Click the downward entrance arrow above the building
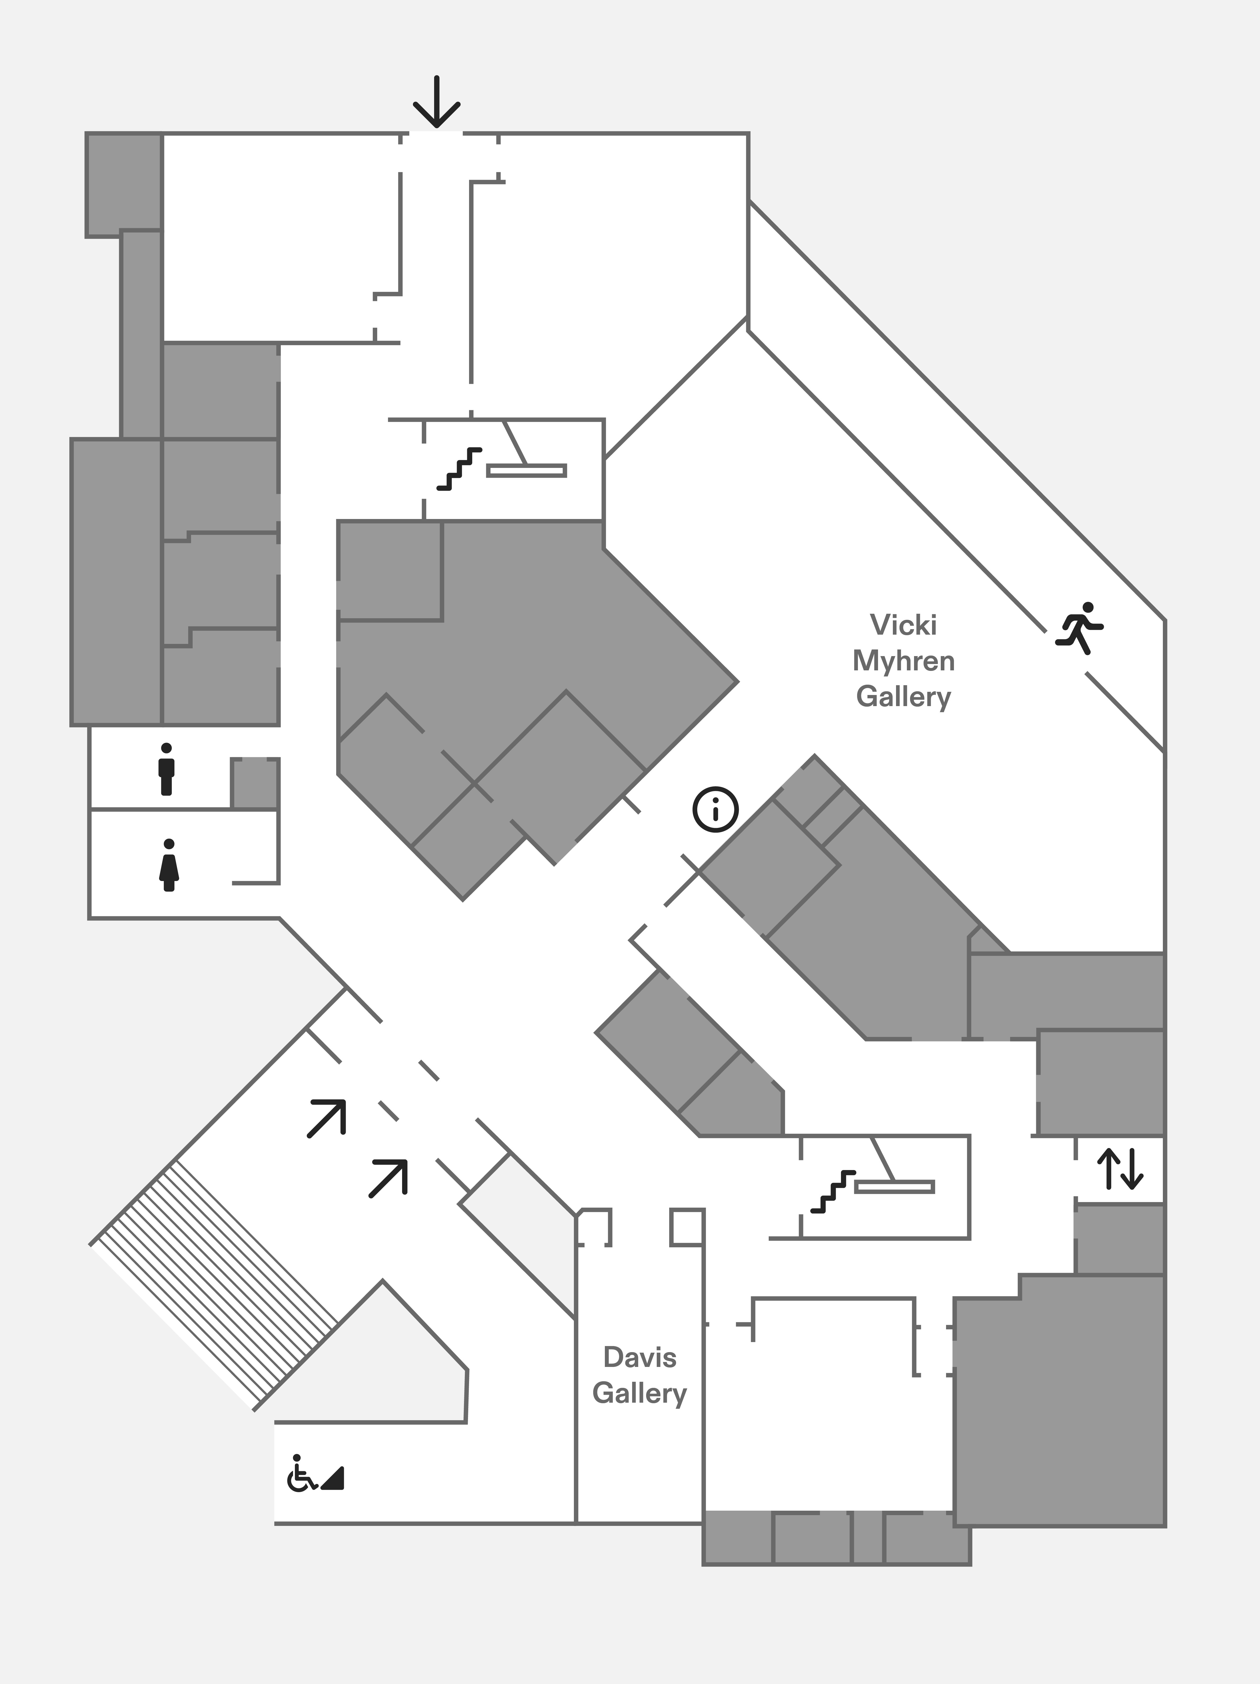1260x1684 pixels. tap(436, 101)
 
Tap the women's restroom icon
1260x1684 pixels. tap(169, 865)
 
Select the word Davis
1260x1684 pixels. tap(640, 1357)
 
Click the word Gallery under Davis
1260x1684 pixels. tap(640, 1393)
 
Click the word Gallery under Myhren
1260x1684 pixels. tap(904, 697)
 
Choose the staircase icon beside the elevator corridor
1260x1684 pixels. tap(833, 1191)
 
